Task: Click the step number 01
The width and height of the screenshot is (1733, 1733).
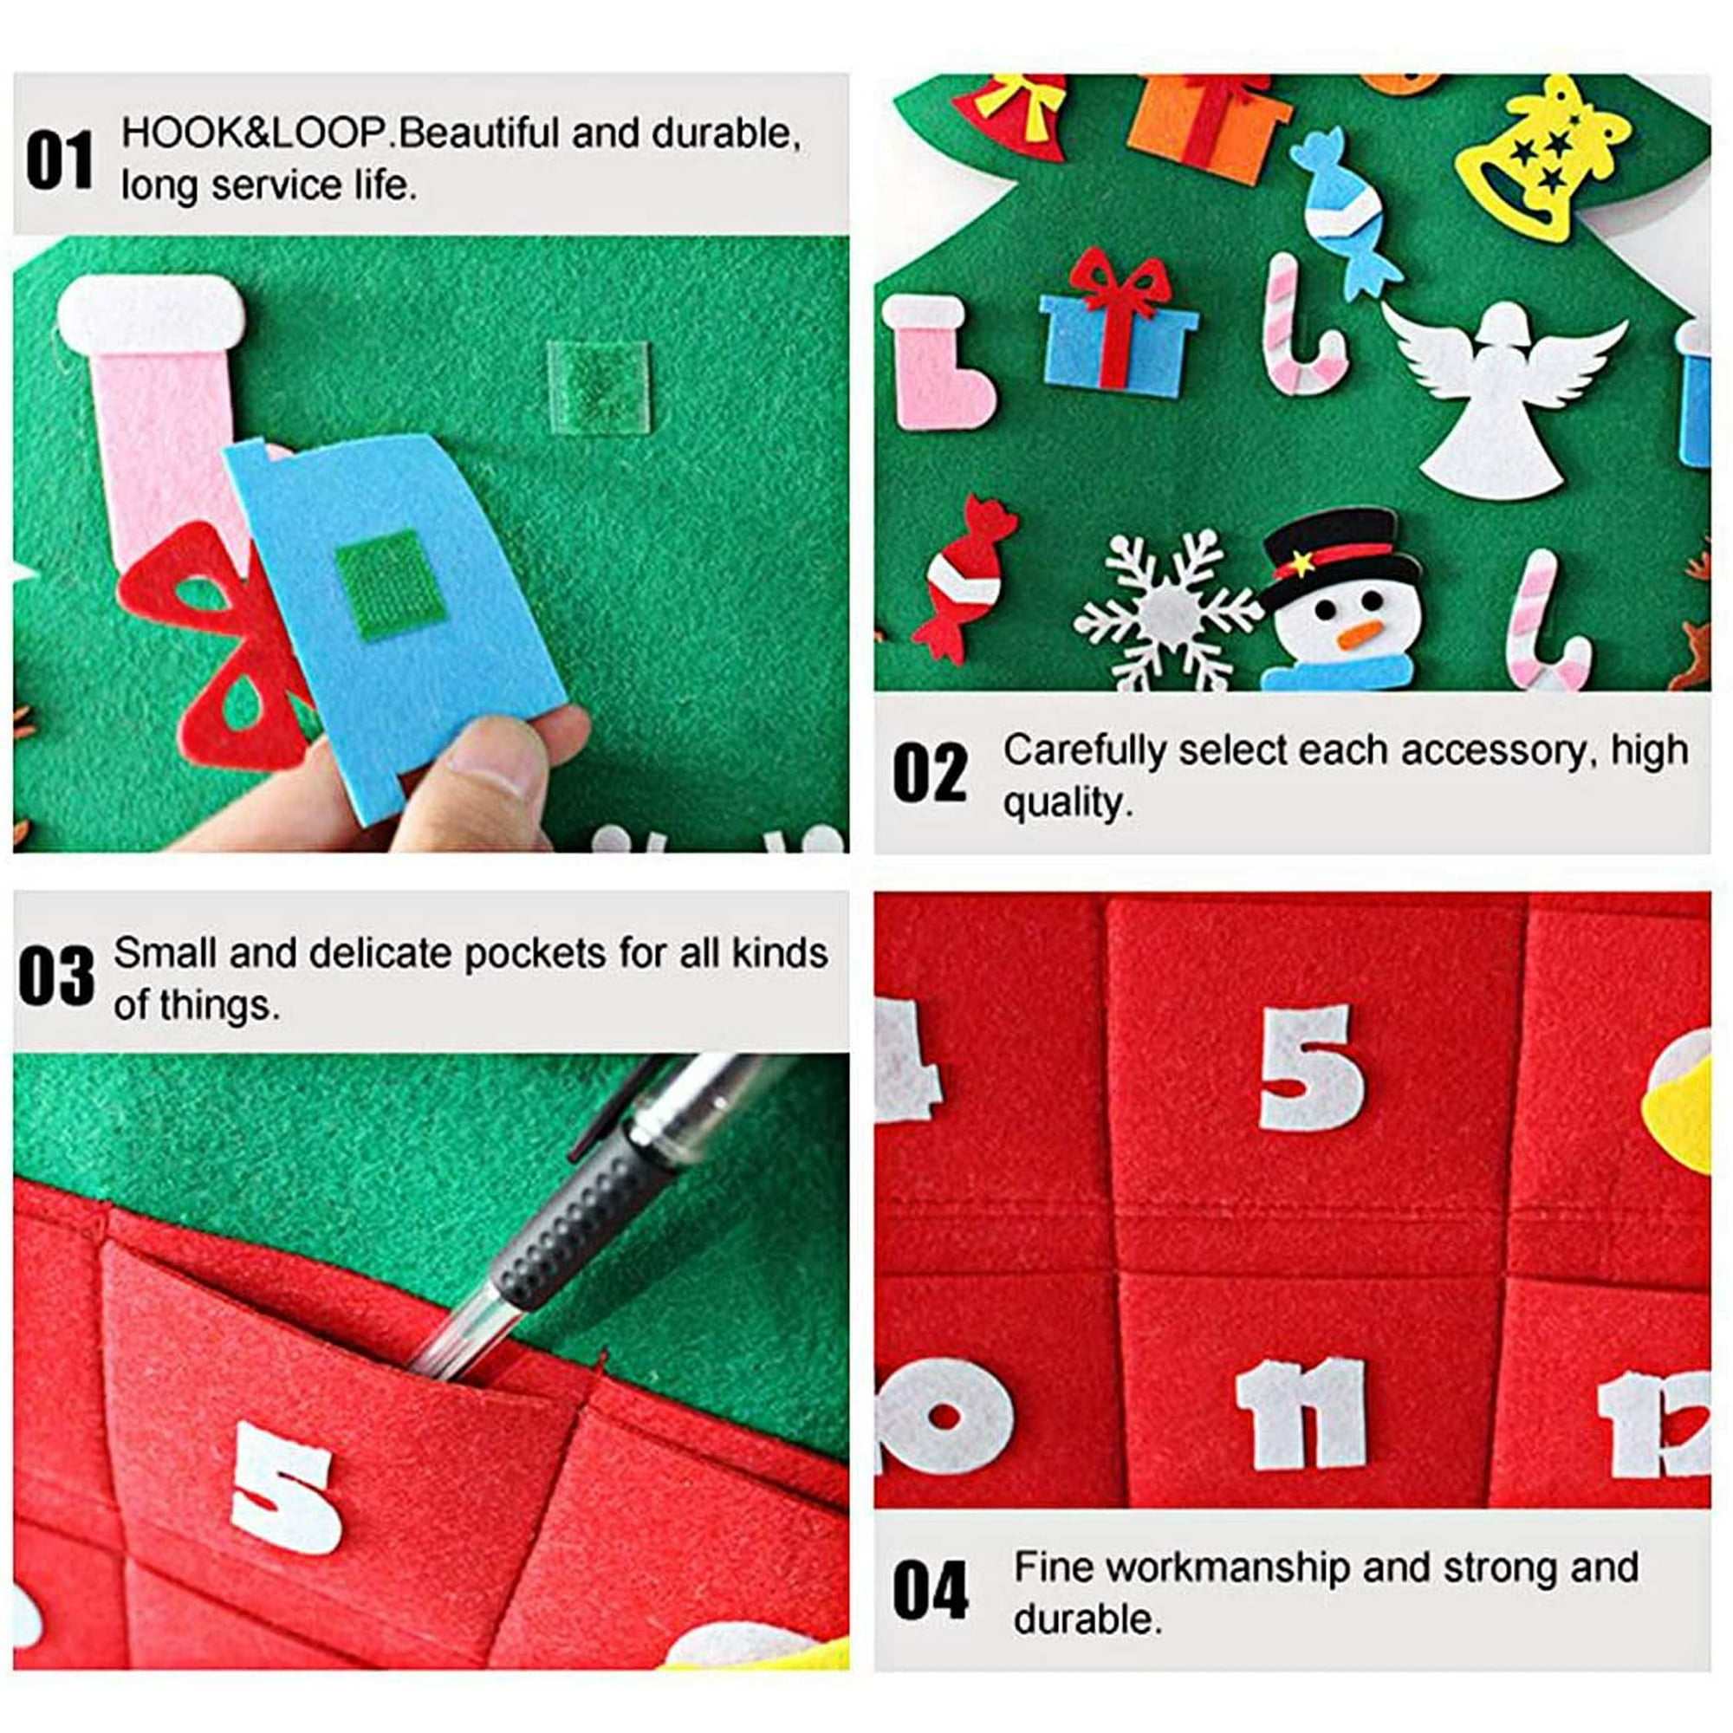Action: click(59, 160)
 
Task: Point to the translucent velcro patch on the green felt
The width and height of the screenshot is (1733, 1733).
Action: click(597, 386)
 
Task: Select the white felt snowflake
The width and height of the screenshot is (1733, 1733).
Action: click(1167, 610)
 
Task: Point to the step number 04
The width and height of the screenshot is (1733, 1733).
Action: click(930, 1591)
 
